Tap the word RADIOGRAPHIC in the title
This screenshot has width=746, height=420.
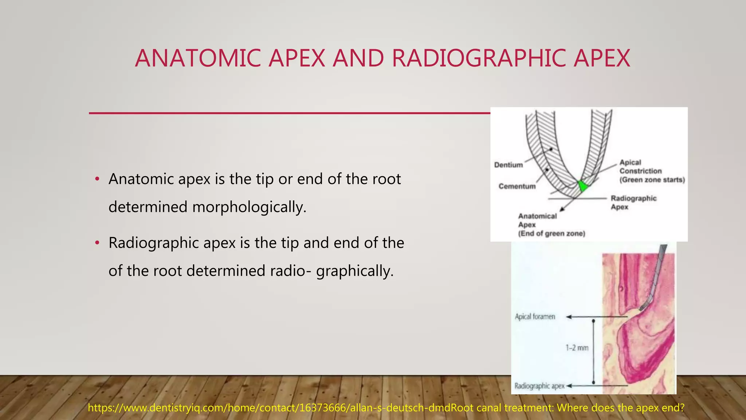pyautogui.click(x=478, y=58)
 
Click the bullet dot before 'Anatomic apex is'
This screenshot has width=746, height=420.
pyautogui.click(x=97, y=179)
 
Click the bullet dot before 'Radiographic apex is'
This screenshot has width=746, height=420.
pyautogui.click(x=97, y=243)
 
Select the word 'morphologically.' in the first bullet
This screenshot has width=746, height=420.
pyautogui.click(x=250, y=207)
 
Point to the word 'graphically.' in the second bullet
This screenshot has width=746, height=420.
pyautogui.click(x=355, y=271)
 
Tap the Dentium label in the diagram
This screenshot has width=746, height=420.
pyautogui.click(x=508, y=165)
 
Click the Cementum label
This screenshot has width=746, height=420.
pyautogui.click(x=517, y=186)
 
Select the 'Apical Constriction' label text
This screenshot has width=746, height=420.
pyautogui.click(x=640, y=167)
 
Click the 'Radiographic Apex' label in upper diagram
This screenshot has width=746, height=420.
pyautogui.click(x=633, y=202)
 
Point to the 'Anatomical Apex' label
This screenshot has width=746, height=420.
pyautogui.click(x=537, y=220)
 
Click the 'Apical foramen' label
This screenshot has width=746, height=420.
pyautogui.click(x=535, y=316)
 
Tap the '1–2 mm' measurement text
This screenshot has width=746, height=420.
pyautogui.click(x=577, y=348)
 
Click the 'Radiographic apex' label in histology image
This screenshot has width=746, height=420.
pyautogui.click(x=539, y=386)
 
